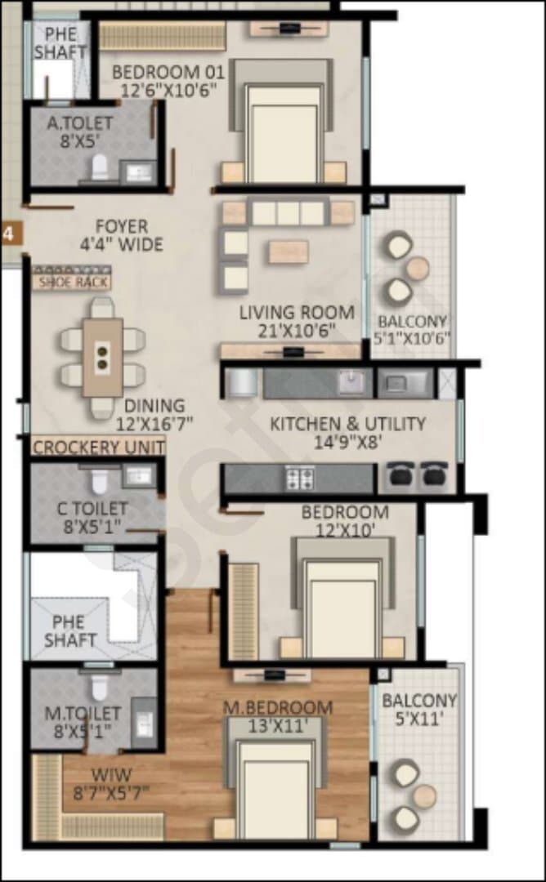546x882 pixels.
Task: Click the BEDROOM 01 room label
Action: click(x=168, y=81)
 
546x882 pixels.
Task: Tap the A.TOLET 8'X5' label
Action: click(x=79, y=131)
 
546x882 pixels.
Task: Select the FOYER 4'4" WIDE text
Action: click(x=122, y=235)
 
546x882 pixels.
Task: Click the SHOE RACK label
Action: click(x=72, y=281)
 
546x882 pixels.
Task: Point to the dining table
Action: click(x=102, y=358)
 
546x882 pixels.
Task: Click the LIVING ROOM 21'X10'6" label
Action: click(x=297, y=321)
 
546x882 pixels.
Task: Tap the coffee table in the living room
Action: click(x=289, y=252)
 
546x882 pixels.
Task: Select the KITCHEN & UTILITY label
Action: click(x=348, y=424)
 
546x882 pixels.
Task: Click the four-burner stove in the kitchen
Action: click(x=299, y=479)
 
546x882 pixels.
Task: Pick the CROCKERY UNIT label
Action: click(x=99, y=448)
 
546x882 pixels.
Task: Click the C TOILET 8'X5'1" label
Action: click(x=92, y=518)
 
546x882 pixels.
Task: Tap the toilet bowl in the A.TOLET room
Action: click(x=101, y=167)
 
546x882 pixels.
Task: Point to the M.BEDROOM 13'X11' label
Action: click(x=278, y=716)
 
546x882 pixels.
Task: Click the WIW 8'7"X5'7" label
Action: click(x=111, y=783)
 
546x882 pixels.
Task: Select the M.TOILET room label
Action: click(x=83, y=714)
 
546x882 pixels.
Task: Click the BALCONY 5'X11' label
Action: click(x=419, y=710)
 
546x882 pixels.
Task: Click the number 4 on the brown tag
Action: click(x=8, y=233)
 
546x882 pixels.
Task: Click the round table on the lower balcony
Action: click(x=424, y=796)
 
